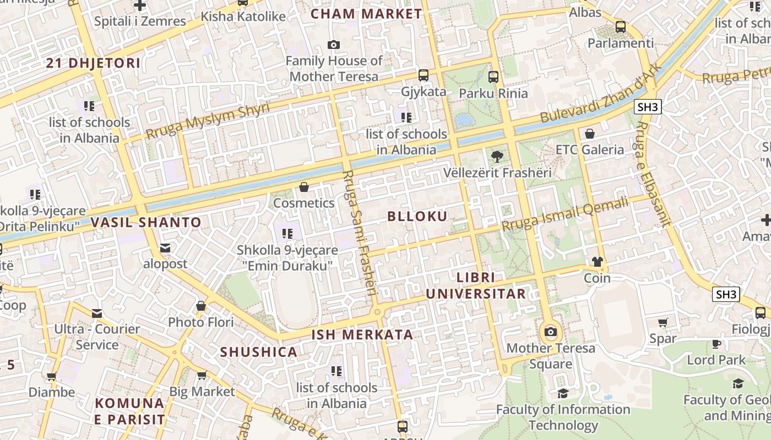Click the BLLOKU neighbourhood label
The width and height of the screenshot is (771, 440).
417,216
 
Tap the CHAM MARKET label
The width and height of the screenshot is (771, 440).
366,14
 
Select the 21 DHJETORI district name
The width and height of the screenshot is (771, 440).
93,63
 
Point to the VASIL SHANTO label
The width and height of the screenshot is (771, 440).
146,223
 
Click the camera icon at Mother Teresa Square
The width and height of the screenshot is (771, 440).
550,332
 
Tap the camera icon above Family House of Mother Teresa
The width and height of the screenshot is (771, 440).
333,45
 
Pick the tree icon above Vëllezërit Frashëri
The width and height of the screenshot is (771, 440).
497,156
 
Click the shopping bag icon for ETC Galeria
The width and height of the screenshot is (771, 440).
589,133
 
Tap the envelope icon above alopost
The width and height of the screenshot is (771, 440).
165,248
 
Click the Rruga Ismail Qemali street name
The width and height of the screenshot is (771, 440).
564,215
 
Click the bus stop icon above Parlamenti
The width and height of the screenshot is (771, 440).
621,26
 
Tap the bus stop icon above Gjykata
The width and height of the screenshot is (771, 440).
423,75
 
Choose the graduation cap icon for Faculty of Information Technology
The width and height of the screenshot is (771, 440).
562,393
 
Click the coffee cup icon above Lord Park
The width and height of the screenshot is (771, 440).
716,344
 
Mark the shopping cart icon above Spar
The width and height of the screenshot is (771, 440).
663,322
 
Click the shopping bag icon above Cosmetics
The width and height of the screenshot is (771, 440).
303,187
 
